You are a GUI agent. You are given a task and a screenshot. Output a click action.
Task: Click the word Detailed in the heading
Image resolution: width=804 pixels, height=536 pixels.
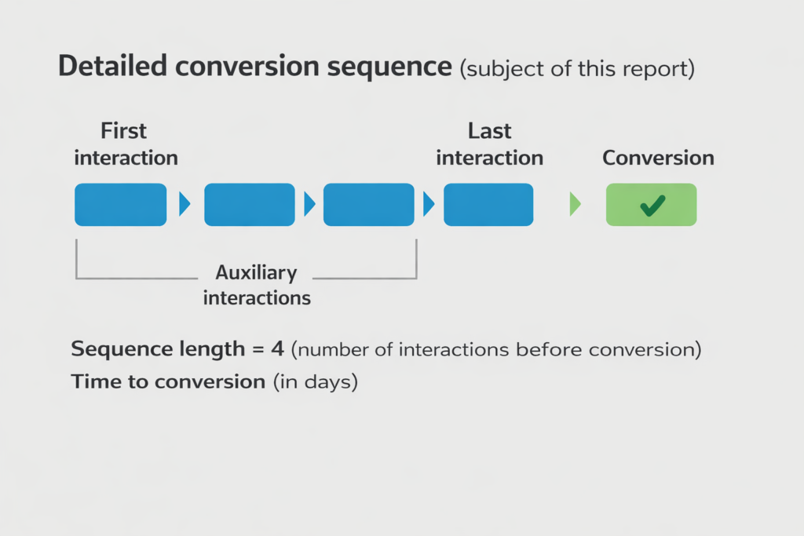click(x=113, y=67)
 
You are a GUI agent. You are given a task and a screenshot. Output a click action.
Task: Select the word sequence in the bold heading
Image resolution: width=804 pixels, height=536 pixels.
click(x=389, y=67)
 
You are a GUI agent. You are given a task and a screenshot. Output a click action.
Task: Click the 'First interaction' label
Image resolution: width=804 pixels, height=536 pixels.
click(x=126, y=144)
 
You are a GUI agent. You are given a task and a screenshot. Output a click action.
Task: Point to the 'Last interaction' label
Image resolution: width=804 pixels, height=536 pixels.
click(x=489, y=144)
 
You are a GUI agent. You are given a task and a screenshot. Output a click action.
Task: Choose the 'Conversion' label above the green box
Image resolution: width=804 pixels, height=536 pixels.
click(x=658, y=158)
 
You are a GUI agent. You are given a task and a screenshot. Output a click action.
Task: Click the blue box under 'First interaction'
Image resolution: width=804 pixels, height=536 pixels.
click(x=120, y=205)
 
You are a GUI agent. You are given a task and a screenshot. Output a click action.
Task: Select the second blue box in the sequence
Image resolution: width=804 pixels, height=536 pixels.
click(x=250, y=205)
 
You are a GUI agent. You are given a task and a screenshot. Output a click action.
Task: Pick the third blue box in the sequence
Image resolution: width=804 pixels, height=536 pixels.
click(x=368, y=205)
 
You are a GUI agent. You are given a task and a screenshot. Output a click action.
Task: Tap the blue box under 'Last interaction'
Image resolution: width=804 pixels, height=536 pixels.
click(x=488, y=205)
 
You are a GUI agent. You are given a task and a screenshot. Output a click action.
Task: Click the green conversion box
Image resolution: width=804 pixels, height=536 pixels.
click(x=651, y=205)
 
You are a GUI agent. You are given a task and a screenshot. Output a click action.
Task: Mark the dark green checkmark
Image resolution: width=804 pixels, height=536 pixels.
click(x=652, y=206)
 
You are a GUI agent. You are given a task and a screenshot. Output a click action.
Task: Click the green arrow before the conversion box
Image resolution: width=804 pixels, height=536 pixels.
click(x=575, y=205)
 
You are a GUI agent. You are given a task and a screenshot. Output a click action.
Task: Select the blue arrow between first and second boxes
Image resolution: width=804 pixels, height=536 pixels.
click(x=185, y=205)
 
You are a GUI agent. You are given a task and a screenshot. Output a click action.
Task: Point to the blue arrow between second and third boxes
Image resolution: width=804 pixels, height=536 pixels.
click(x=309, y=205)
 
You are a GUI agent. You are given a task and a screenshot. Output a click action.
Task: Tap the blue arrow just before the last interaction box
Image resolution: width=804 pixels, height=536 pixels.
click(x=428, y=205)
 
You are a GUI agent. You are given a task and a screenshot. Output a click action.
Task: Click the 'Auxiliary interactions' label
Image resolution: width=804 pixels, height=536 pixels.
click(x=257, y=286)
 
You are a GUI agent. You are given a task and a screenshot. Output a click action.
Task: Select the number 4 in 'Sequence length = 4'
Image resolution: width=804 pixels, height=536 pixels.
click(x=277, y=349)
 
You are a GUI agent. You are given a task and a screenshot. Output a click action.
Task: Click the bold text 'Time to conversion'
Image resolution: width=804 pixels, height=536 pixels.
click(x=168, y=382)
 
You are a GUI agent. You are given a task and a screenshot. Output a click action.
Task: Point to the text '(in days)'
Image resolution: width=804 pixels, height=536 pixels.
click(x=316, y=383)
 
